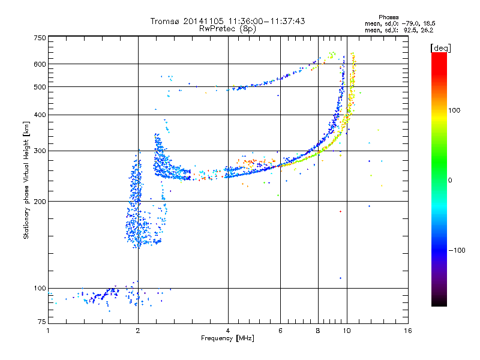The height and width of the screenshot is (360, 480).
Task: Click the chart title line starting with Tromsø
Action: (x=227, y=21)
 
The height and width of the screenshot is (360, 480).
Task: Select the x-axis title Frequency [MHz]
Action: (x=227, y=339)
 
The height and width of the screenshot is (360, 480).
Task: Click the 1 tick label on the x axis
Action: (x=48, y=331)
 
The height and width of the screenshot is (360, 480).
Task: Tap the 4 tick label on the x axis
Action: (x=228, y=331)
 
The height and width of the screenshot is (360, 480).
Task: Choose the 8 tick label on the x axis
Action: (x=318, y=331)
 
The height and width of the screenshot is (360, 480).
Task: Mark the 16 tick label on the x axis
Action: (x=408, y=331)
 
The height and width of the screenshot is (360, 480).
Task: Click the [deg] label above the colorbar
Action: (x=441, y=47)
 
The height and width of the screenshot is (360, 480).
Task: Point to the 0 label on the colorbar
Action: (x=450, y=180)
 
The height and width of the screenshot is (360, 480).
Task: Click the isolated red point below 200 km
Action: (x=340, y=211)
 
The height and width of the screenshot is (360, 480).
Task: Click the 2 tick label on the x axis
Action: (x=138, y=331)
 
